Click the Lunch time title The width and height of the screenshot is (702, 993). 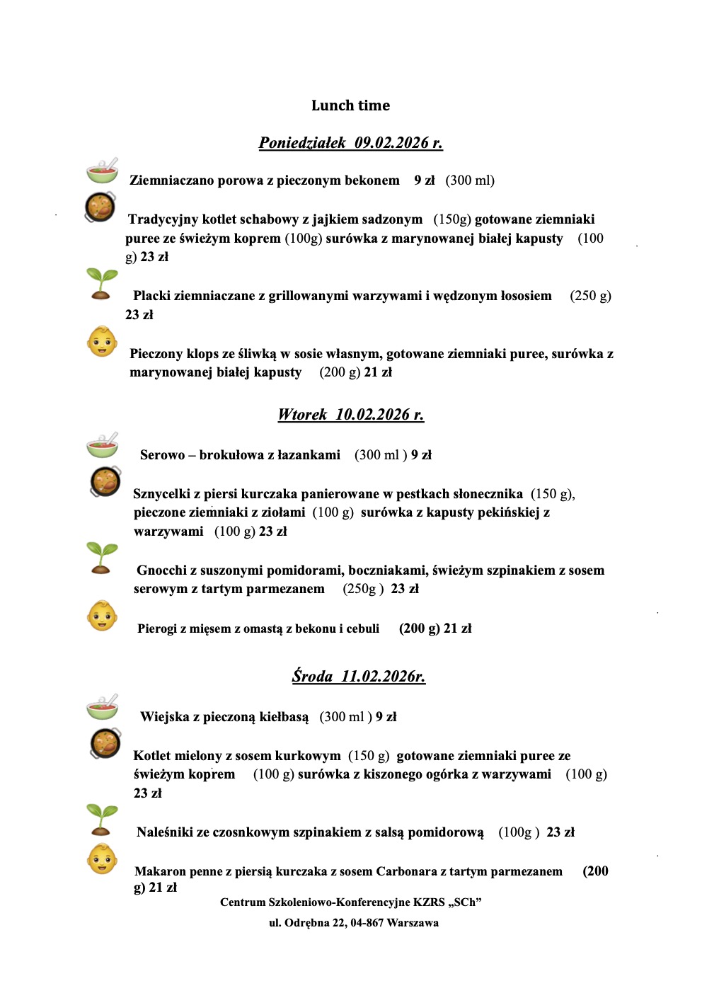coord(350,105)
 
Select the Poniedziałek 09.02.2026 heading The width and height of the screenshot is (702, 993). coord(350,143)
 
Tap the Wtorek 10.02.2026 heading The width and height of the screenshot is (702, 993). coord(350,415)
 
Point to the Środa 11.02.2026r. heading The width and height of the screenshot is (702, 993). coord(358,677)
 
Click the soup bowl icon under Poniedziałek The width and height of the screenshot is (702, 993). coord(103,171)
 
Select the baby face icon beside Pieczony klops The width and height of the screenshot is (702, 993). coord(102,342)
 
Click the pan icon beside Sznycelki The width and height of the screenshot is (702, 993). coord(105,481)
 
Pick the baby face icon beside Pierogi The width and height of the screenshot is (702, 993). coord(102,616)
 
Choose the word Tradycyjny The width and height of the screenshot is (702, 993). coord(163,219)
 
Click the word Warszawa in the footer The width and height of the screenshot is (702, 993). coord(413,923)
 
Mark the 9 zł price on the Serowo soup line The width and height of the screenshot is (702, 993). coord(421,455)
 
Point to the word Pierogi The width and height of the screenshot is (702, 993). coord(157,628)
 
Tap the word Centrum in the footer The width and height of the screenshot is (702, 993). coord(243,902)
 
